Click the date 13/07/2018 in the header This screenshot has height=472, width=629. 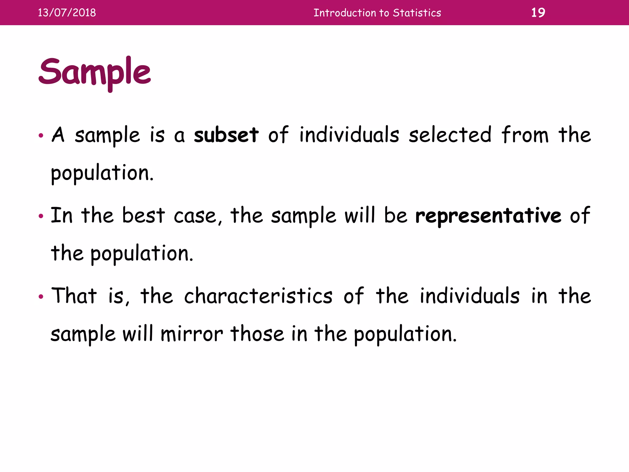tap(67, 13)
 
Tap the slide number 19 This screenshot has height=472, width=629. tap(538, 13)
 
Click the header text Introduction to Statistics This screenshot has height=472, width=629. tap(377, 13)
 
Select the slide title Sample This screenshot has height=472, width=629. tap(95, 73)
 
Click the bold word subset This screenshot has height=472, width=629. tap(226, 135)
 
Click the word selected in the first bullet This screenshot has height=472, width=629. tap(450, 135)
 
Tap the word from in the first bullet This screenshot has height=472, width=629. tap(525, 135)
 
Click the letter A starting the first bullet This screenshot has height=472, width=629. tap(58, 135)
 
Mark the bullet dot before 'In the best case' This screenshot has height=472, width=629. tap(41, 216)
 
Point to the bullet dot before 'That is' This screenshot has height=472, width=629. tap(41, 297)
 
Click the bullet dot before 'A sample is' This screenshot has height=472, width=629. tap(41, 136)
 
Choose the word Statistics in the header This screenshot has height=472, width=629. tap(417, 13)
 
